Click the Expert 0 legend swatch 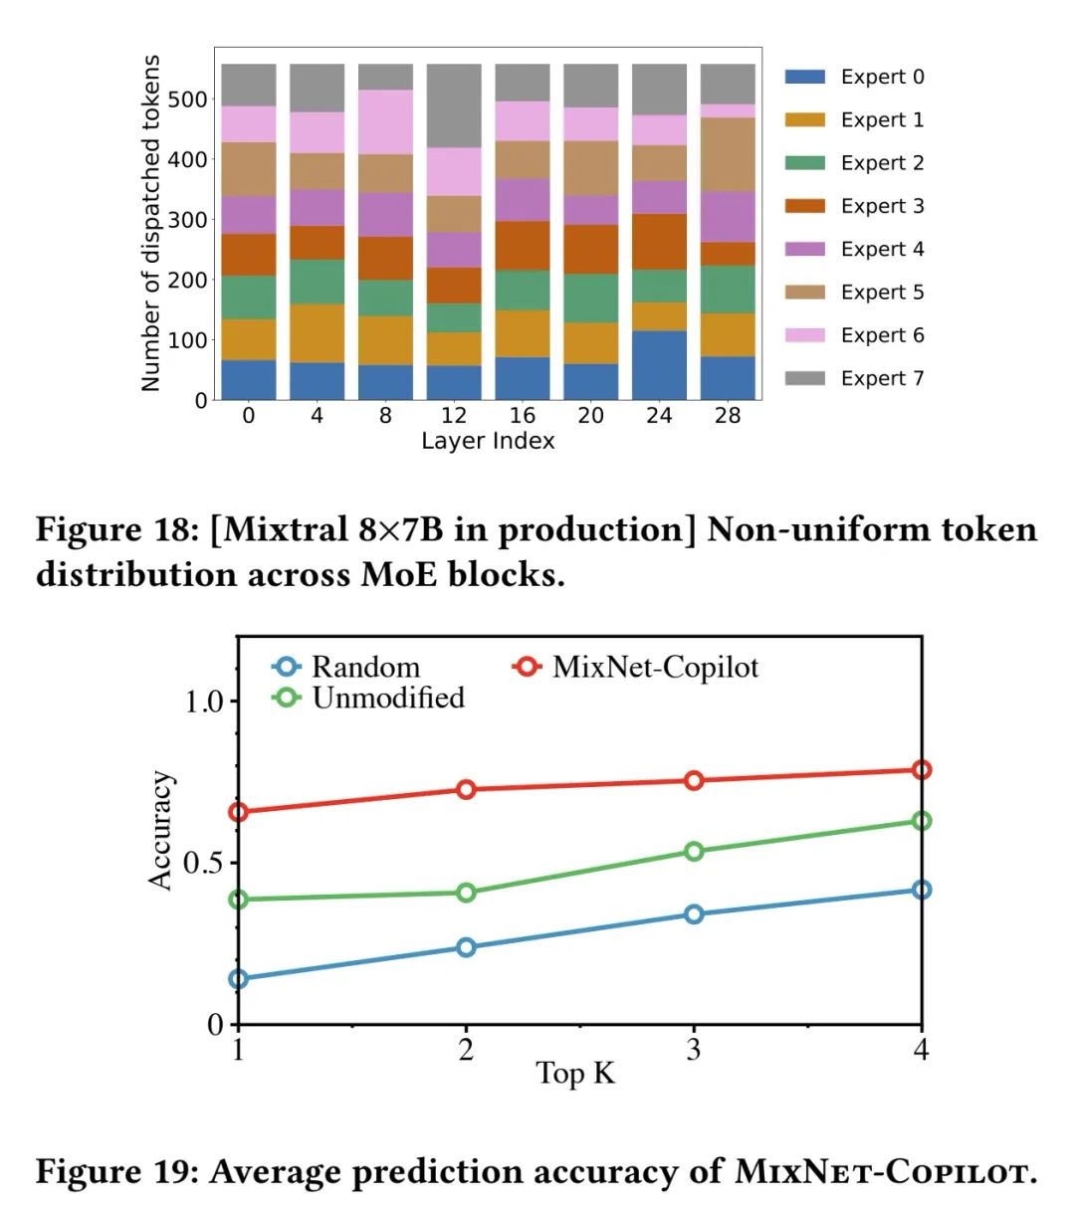pyautogui.click(x=804, y=77)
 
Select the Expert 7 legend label pyautogui.click(x=882, y=378)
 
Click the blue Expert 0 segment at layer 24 pyautogui.click(x=659, y=365)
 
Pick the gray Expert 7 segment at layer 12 pyautogui.click(x=454, y=105)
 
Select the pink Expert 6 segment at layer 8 pyautogui.click(x=385, y=121)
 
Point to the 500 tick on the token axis pyautogui.click(x=187, y=100)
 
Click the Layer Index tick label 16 pyautogui.click(x=522, y=415)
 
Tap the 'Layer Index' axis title pyautogui.click(x=488, y=441)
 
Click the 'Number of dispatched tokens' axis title pyautogui.click(x=150, y=224)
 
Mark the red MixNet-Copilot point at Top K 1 pyautogui.click(x=238, y=812)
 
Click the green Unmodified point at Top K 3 pyautogui.click(x=694, y=851)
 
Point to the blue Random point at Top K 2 pyautogui.click(x=466, y=947)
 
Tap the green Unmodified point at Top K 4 pyautogui.click(x=922, y=821)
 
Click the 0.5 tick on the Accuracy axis pyautogui.click(x=203, y=862)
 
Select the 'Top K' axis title pyautogui.click(x=575, y=1074)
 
